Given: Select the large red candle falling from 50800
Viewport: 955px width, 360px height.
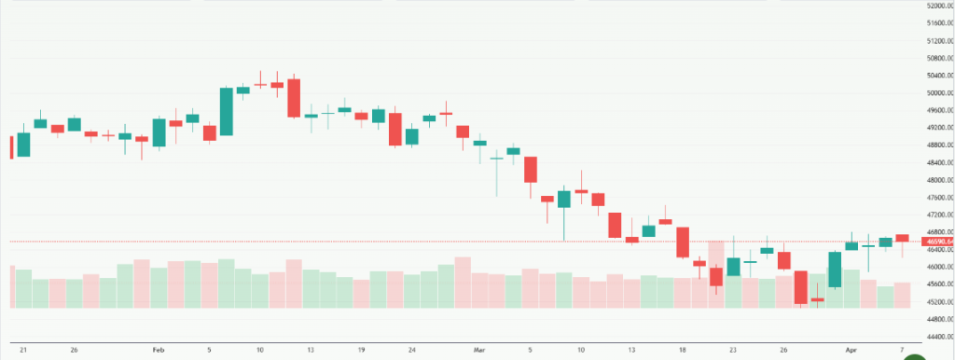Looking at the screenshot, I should point(294,98).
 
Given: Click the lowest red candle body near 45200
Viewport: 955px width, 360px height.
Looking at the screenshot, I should point(801,287).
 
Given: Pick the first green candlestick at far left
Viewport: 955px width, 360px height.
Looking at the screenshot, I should point(23,144).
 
